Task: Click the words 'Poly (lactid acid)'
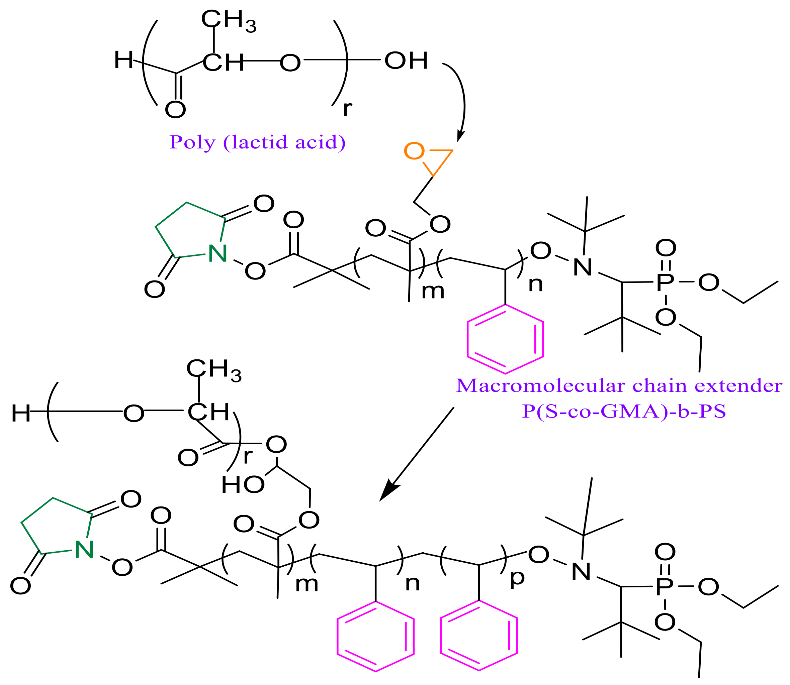click(257, 142)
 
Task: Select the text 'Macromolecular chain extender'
click(619, 385)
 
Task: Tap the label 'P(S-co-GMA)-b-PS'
click(624, 411)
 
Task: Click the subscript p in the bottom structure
click(517, 578)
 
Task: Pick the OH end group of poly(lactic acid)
click(406, 61)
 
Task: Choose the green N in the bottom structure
click(84, 550)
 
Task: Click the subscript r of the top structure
click(347, 109)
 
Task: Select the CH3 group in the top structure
click(229, 20)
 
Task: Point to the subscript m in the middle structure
click(433, 291)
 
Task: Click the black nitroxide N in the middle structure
click(582, 267)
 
